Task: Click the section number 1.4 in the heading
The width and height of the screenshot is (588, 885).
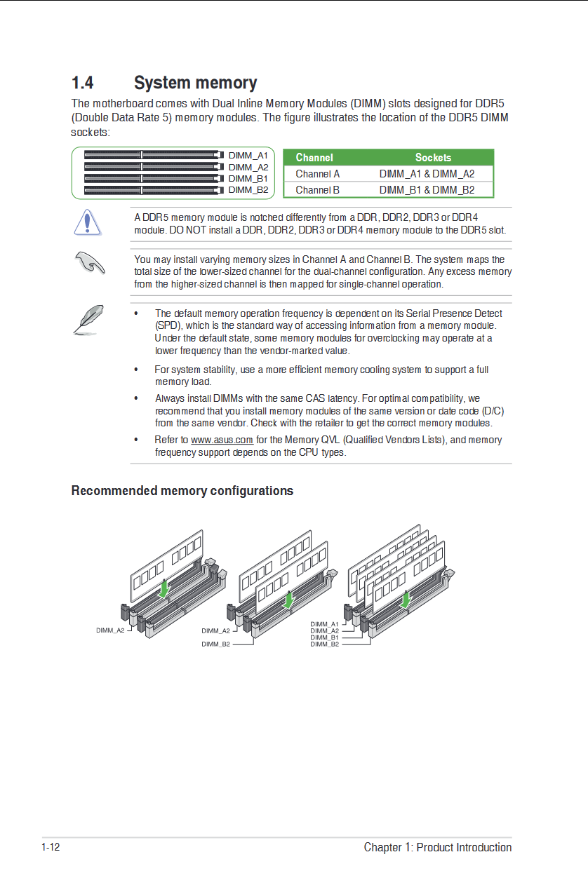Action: pyautogui.click(x=82, y=83)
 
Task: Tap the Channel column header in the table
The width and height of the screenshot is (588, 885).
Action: pyautogui.click(x=314, y=158)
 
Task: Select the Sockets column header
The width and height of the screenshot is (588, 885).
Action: pyautogui.click(x=433, y=158)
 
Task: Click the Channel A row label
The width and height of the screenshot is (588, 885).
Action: pyautogui.click(x=317, y=174)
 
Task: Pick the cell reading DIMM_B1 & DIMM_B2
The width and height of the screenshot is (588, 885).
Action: pyautogui.click(x=427, y=190)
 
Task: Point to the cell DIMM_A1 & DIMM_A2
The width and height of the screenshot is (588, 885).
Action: pyautogui.click(x=427, y=174)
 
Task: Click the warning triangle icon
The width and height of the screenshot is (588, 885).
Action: pyautogui.click(x=87, y=222)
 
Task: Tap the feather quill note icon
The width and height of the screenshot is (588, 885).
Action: pyautogui.click(x=89, y=319)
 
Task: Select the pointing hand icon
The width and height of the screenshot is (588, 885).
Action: pyautogui.click(x=89, y=263)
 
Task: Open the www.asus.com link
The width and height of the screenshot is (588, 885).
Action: pyautogui.click(x=222, y=440)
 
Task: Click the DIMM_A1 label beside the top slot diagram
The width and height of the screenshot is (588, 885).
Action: pyautogui.click(x=248, y=155)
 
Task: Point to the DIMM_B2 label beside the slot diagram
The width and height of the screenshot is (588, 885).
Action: pyautogui.click(x=248, y=190)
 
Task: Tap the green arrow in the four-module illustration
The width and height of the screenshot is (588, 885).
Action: pyautogui.click(x=405, y=600)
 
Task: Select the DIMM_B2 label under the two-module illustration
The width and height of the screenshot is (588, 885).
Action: pyautogui.click(x=215, y=644)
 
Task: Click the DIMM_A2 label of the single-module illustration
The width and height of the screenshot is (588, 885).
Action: pyautogui.click(x=110, y=630)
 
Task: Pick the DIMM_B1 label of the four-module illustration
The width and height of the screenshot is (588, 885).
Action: pyautogui.click(x=324, y=637)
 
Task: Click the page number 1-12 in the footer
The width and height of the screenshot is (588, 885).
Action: pyautogui.click(x=51, y=847)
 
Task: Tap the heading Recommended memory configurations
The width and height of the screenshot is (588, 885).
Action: pyautogui.click(x=182, y=491)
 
